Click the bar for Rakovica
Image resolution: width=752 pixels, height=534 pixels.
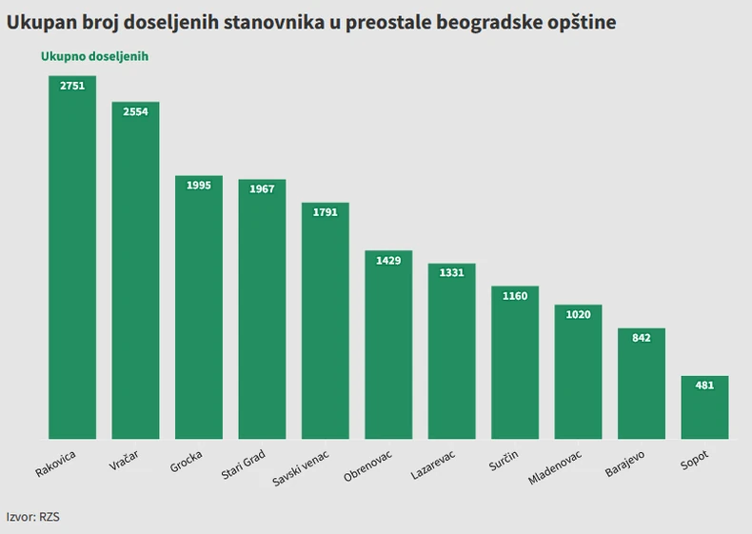(x=72, y=257)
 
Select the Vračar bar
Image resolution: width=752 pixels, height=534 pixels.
(x=135, y=270)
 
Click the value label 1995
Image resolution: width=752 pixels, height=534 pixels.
(x=199, y=186)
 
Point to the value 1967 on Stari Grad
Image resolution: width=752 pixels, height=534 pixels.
(x=262, y=189)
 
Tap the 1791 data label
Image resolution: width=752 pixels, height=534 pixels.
(x=326, y=212)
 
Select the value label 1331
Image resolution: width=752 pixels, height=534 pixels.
(x=452, y=272)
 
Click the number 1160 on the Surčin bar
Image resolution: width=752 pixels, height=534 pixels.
(x=515, y=296)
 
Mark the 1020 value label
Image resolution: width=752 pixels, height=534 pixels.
(x=578, y=315)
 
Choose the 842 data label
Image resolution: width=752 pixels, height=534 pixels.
(x=642, y=338)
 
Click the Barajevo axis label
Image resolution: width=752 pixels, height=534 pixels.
(x=625, y=462)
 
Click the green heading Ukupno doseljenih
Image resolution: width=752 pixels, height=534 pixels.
(x=94, y=57)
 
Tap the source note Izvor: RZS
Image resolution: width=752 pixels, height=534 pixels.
(x=33, y=516)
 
